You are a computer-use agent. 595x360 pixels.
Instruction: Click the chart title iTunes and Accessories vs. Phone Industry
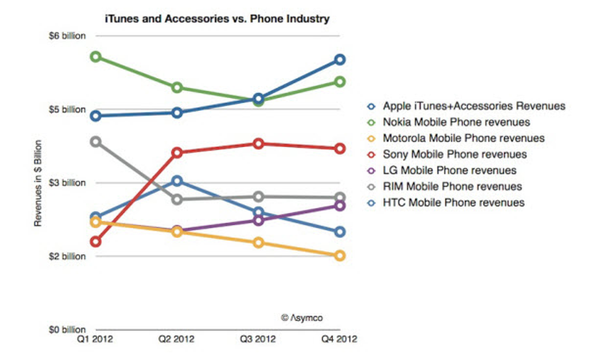pos(217,19)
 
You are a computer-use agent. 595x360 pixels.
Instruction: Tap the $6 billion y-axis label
pos(67,36)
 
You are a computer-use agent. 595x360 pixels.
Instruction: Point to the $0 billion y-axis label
pos(67,330)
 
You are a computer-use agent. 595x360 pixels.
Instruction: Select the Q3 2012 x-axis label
pos(258,339)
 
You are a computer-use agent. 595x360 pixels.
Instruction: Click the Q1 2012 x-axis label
pos(95,339)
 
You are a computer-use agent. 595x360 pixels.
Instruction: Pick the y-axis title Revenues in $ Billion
pos(38,183)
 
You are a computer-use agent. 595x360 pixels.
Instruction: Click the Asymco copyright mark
pos(302,318)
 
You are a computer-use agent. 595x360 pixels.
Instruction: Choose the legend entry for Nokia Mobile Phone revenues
pos(448,122)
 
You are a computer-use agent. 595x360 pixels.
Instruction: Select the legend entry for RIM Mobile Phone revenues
pos(444,186)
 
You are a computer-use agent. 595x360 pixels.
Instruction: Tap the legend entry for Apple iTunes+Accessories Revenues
pos(466,106)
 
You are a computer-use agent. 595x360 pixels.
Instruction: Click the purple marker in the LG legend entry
pos(371,171)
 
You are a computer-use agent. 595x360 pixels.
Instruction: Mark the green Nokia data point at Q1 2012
pos(96,57)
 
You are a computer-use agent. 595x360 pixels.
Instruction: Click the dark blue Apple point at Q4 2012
pos(340,60)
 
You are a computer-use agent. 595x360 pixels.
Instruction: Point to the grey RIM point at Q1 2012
pos(96,142)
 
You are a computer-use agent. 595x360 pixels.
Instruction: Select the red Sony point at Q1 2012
pos(96,242)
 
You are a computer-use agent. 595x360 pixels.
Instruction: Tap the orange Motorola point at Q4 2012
pos(340,255)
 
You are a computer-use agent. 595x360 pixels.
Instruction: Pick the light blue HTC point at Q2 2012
pos(177,181)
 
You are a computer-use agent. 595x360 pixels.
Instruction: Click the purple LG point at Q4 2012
pos(340,206)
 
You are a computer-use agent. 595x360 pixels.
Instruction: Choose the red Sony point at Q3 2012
pos(258,144)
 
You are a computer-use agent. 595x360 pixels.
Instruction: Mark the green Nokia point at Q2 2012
pos(177,87)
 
